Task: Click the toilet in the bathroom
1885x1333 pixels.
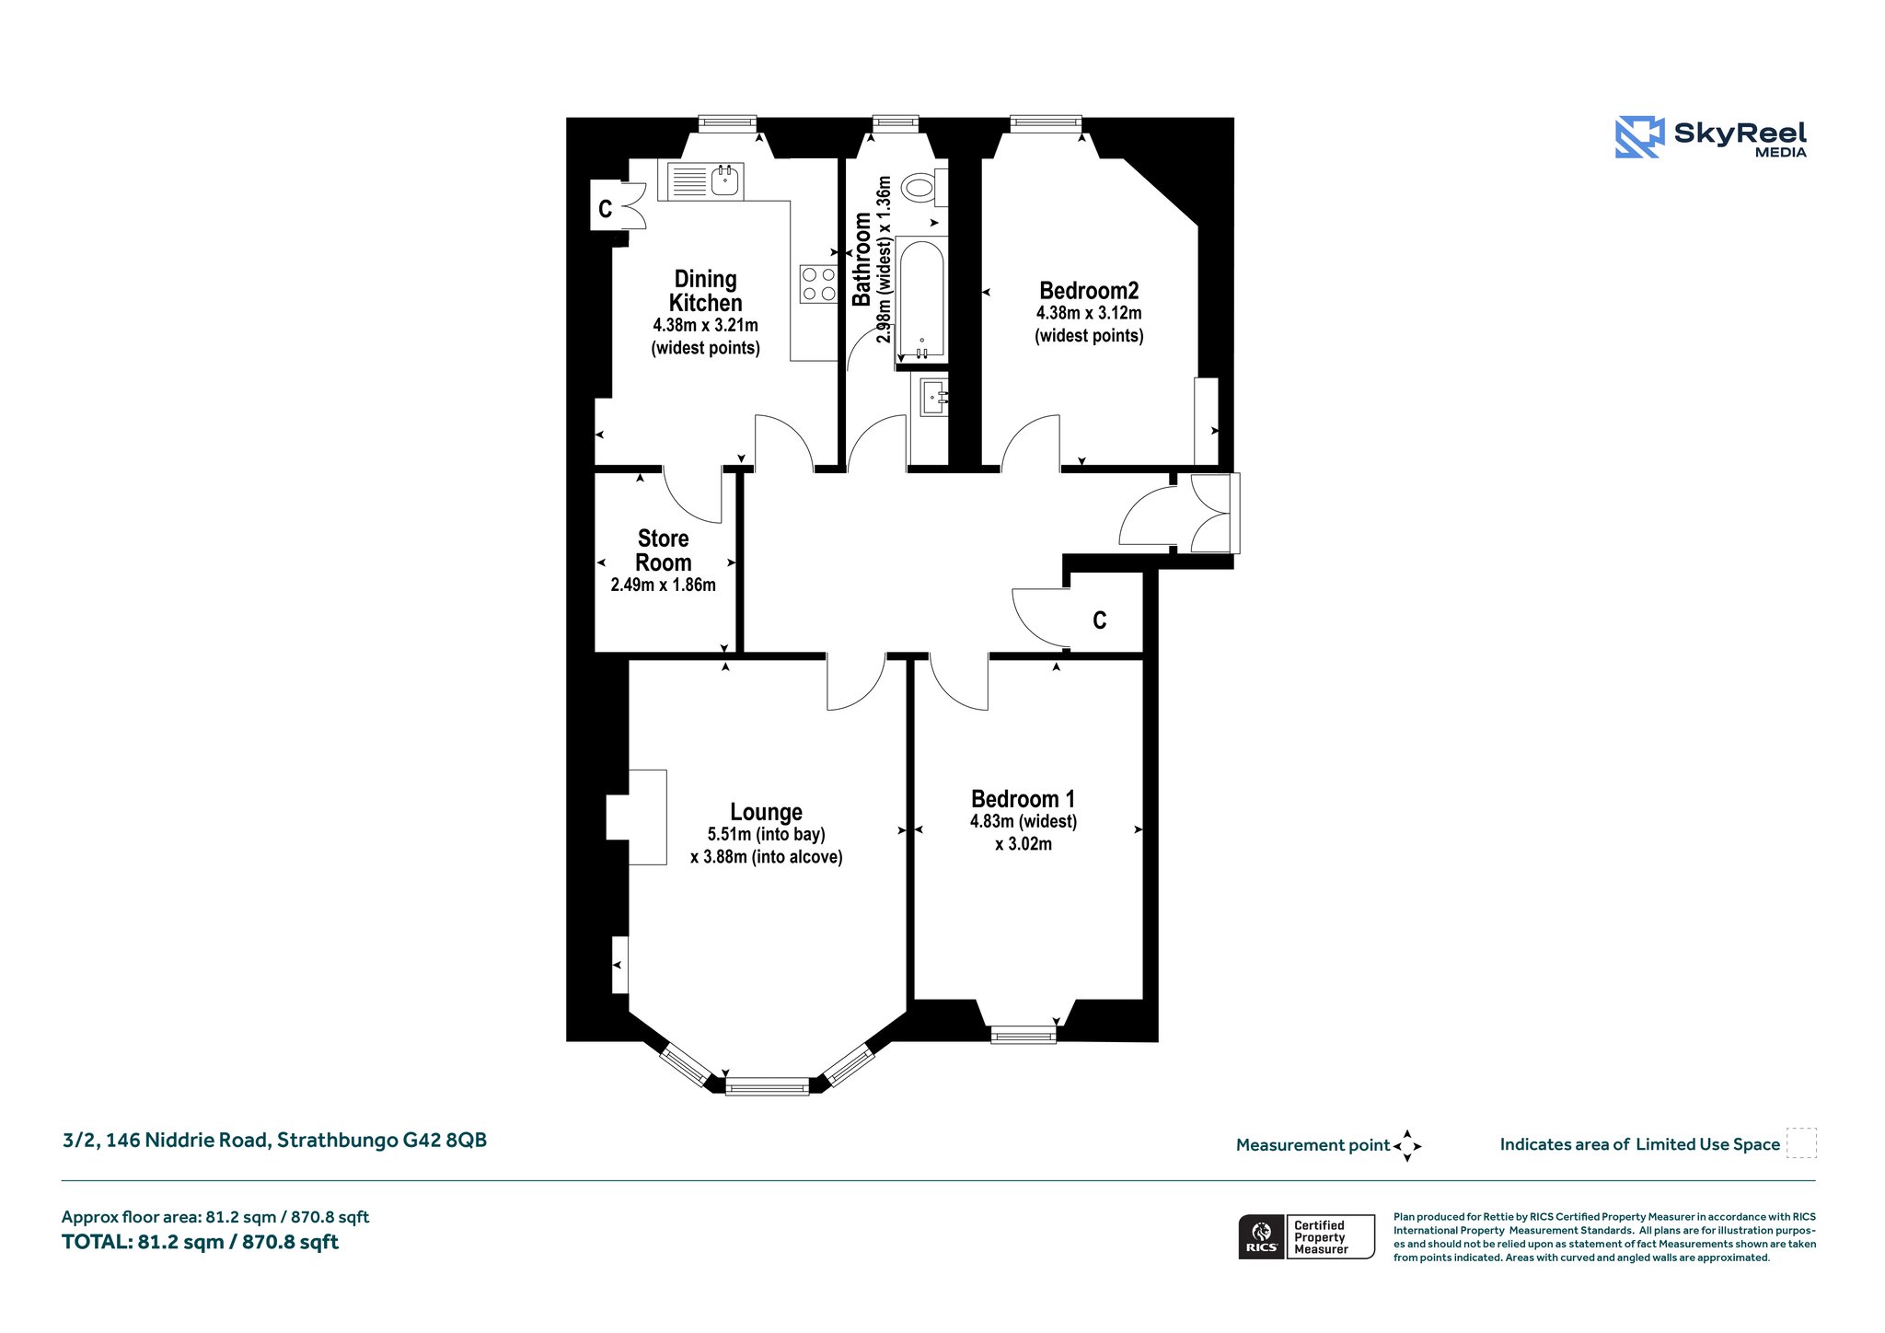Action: click(x=924, y=188)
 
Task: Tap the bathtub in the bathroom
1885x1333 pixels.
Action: click(x=920, y=300)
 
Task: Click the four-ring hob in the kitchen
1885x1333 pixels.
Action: click(x=818, y=284)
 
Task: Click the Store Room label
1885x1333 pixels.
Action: click(x=663, y=551)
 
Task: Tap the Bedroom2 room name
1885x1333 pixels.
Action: click(x=1089, y=291)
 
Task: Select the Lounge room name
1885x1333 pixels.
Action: click(x=766, y=812)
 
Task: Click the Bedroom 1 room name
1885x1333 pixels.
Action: click(x=1023, y=799)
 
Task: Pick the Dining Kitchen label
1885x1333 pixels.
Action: click(x=706, y=291)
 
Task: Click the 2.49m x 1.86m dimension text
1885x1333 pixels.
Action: click(x=663, y=585)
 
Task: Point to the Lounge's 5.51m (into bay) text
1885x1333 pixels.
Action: click(x=766, y=835)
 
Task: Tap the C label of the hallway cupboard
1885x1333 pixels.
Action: click(x=1099, y=620)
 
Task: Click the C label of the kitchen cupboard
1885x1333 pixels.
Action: click(x=605, y=209)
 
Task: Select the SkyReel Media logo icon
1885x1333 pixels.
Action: click(x=1639, y=137)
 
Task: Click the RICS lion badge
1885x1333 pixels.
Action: click(x=1262, y=1236)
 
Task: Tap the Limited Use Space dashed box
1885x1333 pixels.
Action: click(x=1801, y=1143)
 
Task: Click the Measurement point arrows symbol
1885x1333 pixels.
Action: click(x=1407, y=1146)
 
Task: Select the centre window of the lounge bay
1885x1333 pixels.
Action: click(x=767, y=1087)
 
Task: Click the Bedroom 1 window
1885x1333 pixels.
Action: click(x=1023, y=1035)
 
